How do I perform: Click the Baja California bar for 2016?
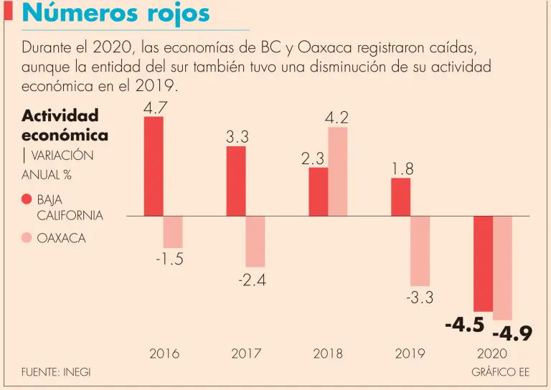click(154, 166)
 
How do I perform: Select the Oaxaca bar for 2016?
click(173, 232)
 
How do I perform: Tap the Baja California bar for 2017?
click(236, 181)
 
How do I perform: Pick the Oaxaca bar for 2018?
click(338, 171)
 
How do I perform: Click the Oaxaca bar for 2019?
click(420, 251)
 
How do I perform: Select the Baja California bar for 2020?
click(483, 263)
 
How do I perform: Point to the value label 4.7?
click(155, 108)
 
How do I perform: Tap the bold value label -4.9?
click(512, 334)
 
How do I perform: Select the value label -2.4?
click(252, 280)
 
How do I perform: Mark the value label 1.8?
click(402, 168)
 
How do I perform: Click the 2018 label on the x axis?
click(328, 353)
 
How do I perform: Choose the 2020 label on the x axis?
click(492, 353)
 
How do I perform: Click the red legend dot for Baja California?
click(27, 200)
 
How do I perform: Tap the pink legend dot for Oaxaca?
click(27, 238)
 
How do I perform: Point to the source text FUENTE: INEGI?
click(56, 372)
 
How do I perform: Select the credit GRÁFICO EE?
click(500, 372)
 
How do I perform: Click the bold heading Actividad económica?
click(65, 125)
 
